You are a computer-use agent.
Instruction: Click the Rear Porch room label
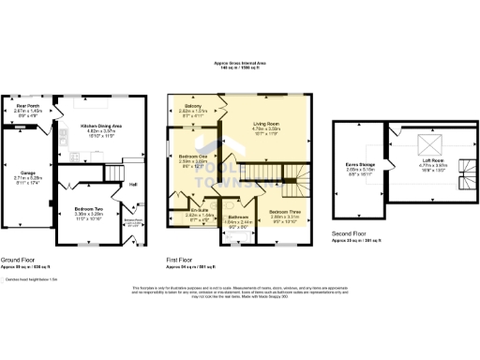pyautogui.click(x=26, y=106)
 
